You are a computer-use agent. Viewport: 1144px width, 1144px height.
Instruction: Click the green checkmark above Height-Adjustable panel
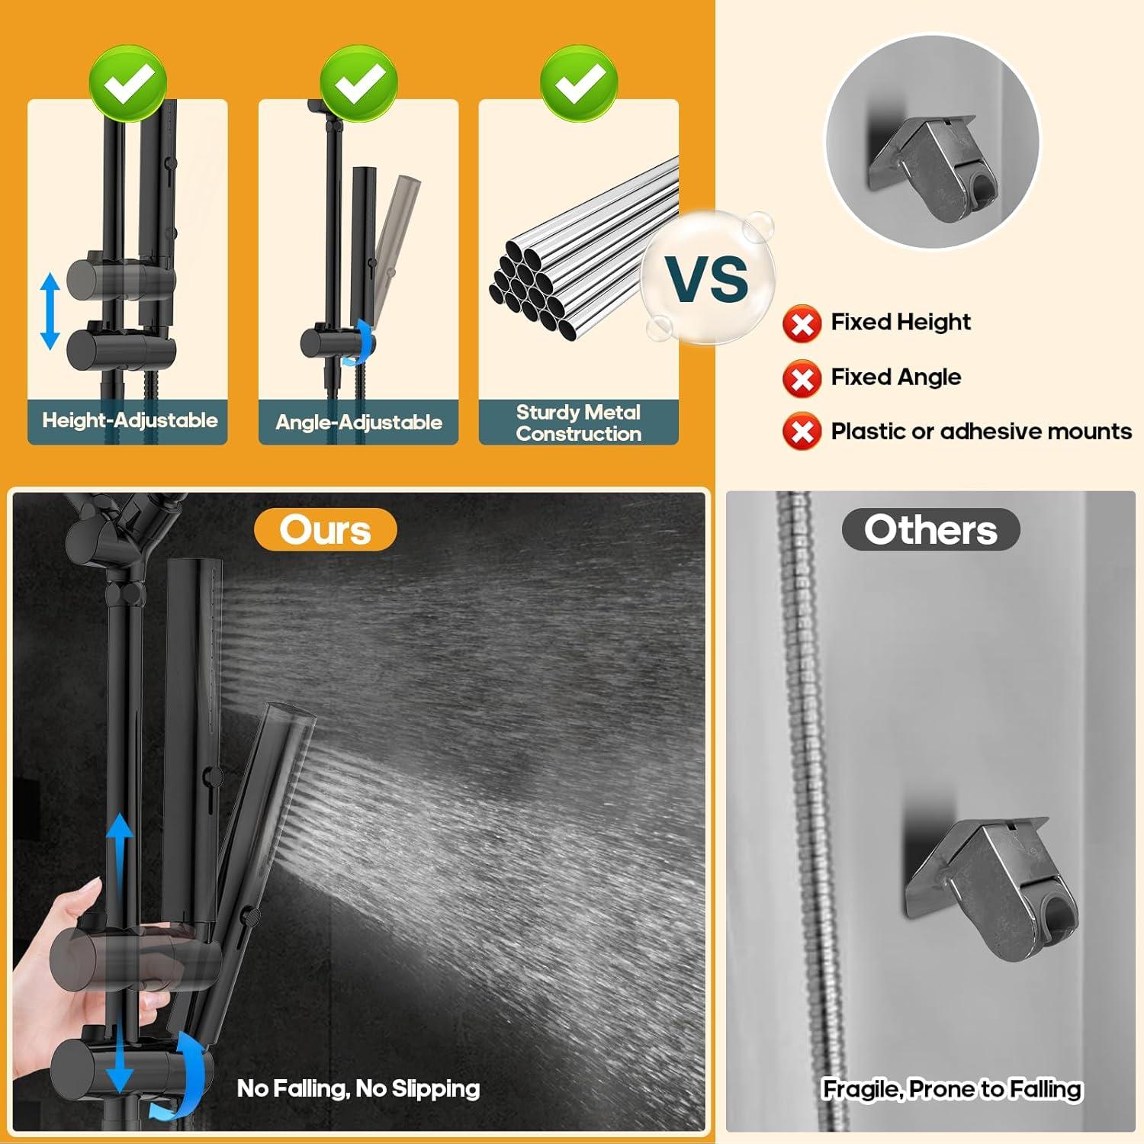[127, 83]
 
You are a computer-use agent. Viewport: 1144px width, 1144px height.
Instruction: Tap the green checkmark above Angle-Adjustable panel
[358, 83]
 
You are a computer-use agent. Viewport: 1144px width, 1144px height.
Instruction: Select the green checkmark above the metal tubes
[579, 83]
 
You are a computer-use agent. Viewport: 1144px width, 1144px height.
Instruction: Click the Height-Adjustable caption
[130, 420]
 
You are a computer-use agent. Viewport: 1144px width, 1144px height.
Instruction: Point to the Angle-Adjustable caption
[358, 422]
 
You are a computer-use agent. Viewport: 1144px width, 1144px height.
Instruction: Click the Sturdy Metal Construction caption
[578, 423]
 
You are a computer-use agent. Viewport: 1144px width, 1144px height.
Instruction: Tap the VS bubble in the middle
[708, 278]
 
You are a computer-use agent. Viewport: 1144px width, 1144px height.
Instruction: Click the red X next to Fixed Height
[802, 323]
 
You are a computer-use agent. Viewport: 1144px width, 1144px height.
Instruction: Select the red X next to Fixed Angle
[802, 378]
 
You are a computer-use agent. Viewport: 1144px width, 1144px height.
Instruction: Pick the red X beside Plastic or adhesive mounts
[802, 432]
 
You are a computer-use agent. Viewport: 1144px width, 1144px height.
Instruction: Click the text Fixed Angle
[895, 377]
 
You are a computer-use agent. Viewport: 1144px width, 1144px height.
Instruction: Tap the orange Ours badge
[325, 529]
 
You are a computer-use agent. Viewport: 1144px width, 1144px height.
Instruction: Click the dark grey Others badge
[930, 529]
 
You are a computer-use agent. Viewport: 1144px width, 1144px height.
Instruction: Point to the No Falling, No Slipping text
[358, 1088]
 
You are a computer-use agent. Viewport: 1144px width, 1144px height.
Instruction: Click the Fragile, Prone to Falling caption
[952, 1089]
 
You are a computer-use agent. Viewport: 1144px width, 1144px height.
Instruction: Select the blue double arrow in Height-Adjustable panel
[50, 311]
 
